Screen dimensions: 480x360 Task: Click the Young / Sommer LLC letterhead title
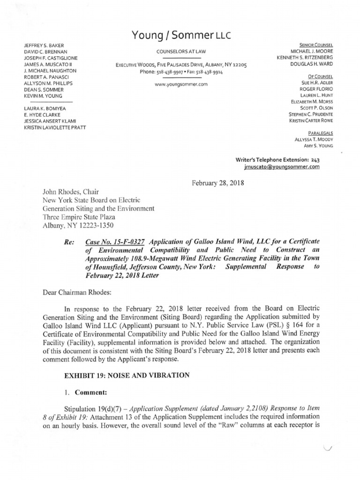coord(180,35)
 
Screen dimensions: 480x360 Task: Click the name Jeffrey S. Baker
coord(43,45)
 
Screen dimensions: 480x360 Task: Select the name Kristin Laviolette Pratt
coord(55,127)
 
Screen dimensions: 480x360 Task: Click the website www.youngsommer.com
coord(180,84)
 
